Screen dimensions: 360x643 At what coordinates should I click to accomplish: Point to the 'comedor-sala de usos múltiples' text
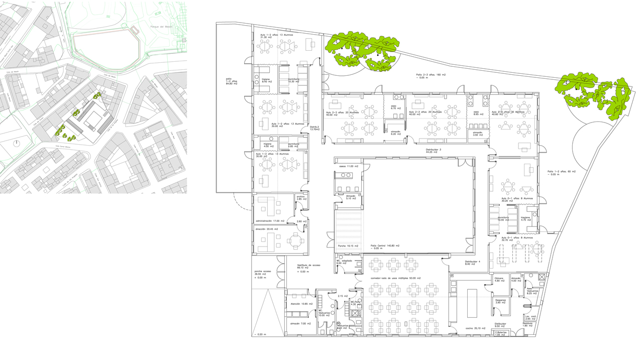click(x=395, y=278)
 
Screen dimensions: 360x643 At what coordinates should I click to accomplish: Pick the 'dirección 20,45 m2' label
click(x=266, y=229)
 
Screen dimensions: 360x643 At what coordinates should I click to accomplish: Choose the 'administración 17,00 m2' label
click(x=270, y=221)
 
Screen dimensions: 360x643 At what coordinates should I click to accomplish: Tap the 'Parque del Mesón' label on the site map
click(x=161, y=27)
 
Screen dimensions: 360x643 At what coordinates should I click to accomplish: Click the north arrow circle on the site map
click(x=17, y=143)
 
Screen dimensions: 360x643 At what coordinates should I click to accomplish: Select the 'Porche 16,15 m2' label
click(x=349, y=246)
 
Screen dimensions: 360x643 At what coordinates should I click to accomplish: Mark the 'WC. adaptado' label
click(x=344, y=262)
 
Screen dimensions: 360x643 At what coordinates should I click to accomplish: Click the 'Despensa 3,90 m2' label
click(x=500, y=301)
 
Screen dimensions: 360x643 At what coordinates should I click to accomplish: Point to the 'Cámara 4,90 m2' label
click(x=499, y=279)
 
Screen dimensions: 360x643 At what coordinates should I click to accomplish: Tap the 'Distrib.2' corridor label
click(x=315, y=128)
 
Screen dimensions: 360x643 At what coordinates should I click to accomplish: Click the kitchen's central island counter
click(x=472, y=303)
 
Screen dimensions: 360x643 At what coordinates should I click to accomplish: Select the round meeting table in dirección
click(x=295, y=242)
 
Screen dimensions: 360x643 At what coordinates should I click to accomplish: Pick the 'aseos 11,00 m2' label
click(x=349, y=166)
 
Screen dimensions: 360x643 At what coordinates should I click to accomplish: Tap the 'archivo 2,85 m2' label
click(x=301, y=198)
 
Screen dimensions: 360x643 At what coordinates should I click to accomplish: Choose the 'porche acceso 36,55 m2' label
click(x=263, y=273)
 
